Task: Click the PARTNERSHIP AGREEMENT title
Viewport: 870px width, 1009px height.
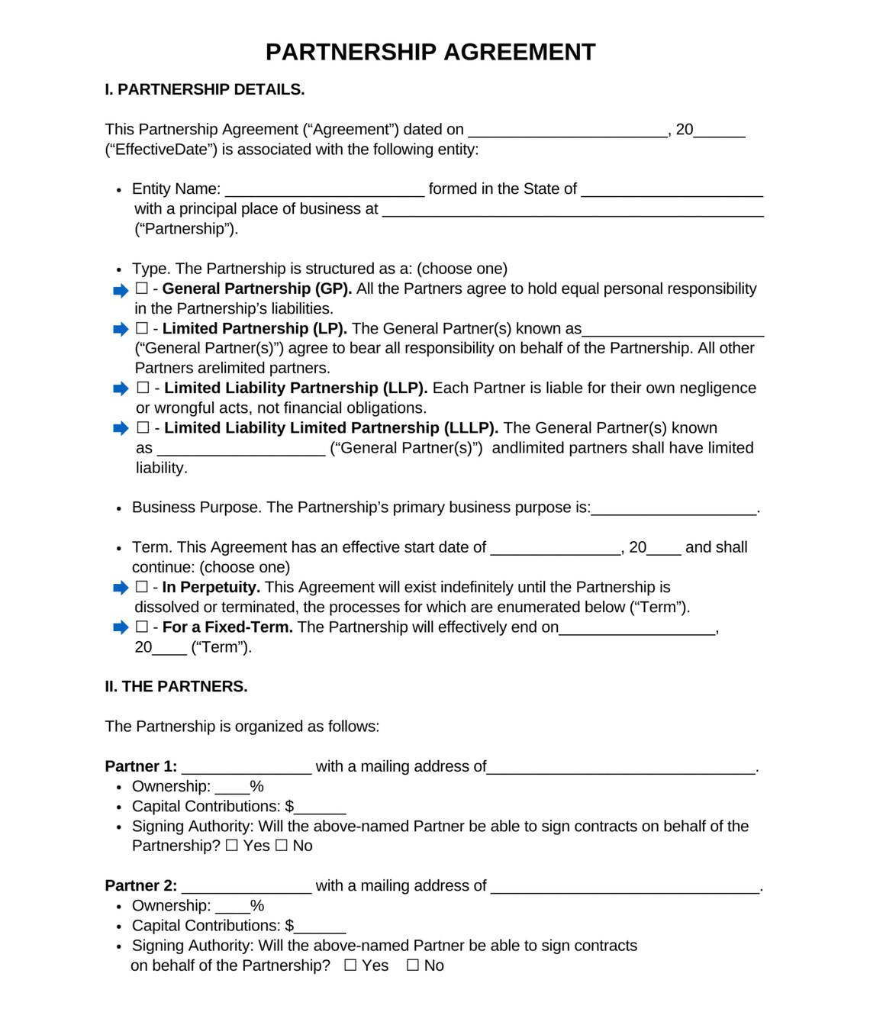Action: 430,52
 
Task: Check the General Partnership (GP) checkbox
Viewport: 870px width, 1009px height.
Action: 142,289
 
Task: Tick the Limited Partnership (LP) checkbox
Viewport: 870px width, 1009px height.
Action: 142,328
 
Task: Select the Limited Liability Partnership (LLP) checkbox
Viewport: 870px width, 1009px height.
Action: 143,388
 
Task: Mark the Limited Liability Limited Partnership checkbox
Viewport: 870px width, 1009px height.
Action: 143,427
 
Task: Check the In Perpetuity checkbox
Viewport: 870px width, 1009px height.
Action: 142,587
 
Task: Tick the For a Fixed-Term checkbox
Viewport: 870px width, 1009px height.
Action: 142,627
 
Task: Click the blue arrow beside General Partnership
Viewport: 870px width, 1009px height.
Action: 121,290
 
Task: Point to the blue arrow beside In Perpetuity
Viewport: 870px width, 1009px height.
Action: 121,588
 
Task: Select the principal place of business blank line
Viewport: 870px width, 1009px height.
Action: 572,211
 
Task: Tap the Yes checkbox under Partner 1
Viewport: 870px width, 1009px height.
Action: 232,846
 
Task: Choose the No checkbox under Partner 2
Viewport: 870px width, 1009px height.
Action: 413,965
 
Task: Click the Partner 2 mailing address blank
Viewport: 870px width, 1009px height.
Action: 625,888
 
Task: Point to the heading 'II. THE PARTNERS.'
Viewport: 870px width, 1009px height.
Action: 176,686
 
